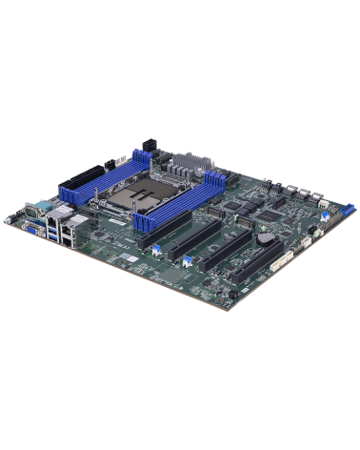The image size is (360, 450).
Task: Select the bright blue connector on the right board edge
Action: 325,217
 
